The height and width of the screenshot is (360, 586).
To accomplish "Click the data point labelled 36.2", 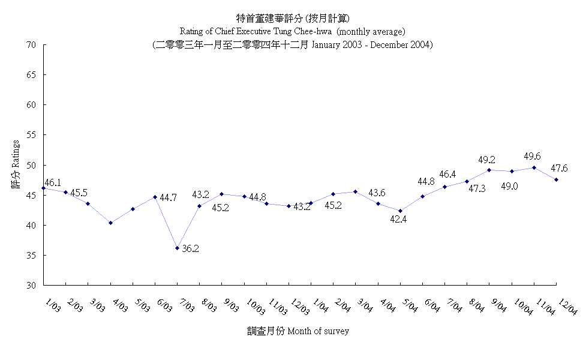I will tap(177, 248).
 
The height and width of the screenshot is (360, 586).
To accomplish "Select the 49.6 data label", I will tap(532, 157).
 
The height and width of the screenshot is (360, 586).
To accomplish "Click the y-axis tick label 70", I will tap(31, 45).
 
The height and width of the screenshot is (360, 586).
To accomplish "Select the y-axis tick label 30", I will tap(31, 285).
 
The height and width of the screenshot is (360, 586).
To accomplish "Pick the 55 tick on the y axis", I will tap(31, 135).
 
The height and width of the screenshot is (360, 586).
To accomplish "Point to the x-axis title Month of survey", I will tap(318, 331).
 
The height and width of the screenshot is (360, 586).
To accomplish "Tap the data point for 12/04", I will tap(557, 179).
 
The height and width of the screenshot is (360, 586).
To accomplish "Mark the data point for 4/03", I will tap(110, 223).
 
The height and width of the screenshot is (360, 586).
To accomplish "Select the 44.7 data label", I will tap(169, 197).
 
